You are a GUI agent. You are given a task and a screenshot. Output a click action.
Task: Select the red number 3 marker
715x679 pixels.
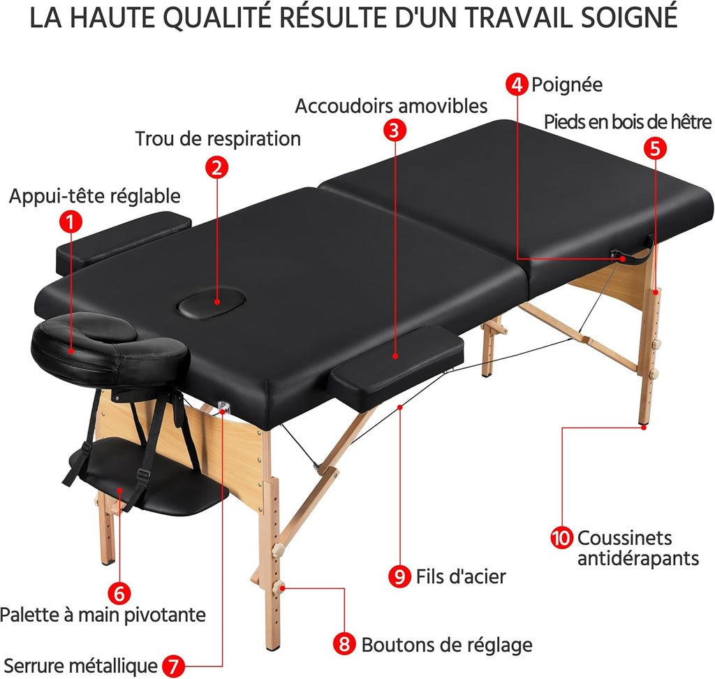(x=395, y=130)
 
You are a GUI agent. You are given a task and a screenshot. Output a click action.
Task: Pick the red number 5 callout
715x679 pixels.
(x=656, y=148)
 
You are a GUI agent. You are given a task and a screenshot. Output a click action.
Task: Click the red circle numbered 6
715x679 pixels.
(x=120, y=593)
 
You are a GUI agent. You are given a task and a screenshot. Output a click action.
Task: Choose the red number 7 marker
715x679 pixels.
(x=174, y=666)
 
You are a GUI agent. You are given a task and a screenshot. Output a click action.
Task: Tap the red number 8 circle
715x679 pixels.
(x=345, y=644)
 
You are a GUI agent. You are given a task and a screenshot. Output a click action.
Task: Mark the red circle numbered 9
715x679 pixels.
(x=399, y=576)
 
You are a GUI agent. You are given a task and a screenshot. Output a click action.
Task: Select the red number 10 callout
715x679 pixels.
(x=561, y=539)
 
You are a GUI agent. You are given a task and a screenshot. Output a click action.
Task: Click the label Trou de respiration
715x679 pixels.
(x=218, y=138)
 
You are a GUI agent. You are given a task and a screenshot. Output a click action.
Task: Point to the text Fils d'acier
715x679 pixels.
(x=460, y=577)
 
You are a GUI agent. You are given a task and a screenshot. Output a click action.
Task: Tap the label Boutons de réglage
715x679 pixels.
(x=446, y=645)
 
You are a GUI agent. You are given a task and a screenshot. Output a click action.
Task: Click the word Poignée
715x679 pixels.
(x=566, y=85)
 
